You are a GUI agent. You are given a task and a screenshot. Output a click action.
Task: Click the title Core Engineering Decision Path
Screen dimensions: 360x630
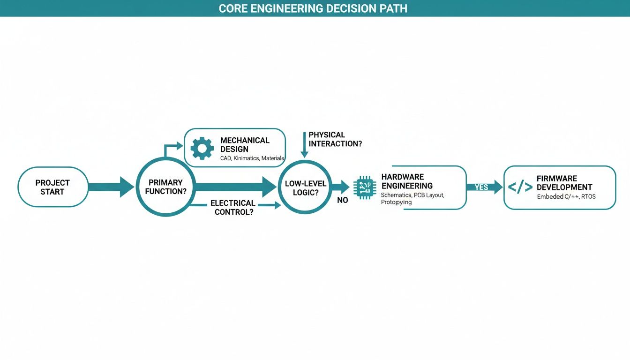(x=313, y=8)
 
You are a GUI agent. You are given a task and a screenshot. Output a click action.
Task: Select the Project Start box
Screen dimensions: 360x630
(x=52, y=187)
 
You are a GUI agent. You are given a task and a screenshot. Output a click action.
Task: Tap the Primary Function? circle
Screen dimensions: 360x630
(x=165, y=187)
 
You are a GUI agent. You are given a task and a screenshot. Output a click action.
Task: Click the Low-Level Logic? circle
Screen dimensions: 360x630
(x=305, y=188)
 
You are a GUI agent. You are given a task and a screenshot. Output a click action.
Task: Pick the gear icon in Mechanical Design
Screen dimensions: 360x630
(x=202, y=148)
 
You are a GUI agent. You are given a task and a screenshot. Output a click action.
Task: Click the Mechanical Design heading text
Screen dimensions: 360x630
(x=245, y=144)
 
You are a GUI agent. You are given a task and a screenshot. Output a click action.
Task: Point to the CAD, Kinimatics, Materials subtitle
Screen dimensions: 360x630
(x=252, y=158)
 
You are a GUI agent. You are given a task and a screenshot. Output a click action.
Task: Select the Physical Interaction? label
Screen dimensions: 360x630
(x=335, y=139)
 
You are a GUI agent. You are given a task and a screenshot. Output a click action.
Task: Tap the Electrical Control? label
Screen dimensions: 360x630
(x=233, y=207)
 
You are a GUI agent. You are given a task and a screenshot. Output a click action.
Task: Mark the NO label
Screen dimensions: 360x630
(x=342, y=200)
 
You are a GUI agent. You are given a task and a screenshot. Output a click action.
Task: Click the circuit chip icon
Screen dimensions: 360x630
(x=365, y=187)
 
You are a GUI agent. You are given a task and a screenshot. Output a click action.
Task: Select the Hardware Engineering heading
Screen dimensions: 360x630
(x=406, y=181)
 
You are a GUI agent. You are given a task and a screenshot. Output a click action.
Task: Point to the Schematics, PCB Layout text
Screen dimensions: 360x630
(x=412, y=195)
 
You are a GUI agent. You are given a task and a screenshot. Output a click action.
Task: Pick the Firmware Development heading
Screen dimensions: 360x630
(x=564, y=183)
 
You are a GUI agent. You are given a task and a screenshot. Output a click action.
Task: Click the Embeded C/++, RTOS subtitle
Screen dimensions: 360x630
(x=566, y=197)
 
